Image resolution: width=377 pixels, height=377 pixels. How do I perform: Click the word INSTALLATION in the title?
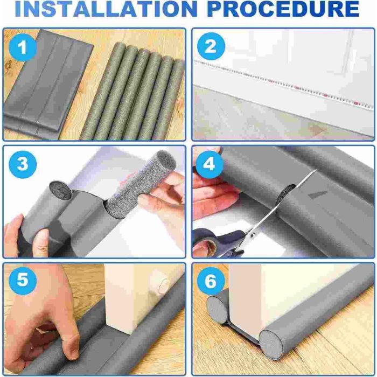coord(106,9)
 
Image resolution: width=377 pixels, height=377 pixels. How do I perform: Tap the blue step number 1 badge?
coord(23,47)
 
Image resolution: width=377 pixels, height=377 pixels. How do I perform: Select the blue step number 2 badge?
coord(211,46)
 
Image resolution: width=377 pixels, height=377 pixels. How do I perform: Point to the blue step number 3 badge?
coord(23,164)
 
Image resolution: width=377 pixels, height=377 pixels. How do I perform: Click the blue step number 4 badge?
coord(209,164)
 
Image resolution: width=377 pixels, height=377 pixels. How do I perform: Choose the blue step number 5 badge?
coord(23,281)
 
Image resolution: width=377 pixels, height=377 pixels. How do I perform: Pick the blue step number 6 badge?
coord(211,281)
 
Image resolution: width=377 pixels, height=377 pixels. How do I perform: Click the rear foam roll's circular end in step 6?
coord(217,310)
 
